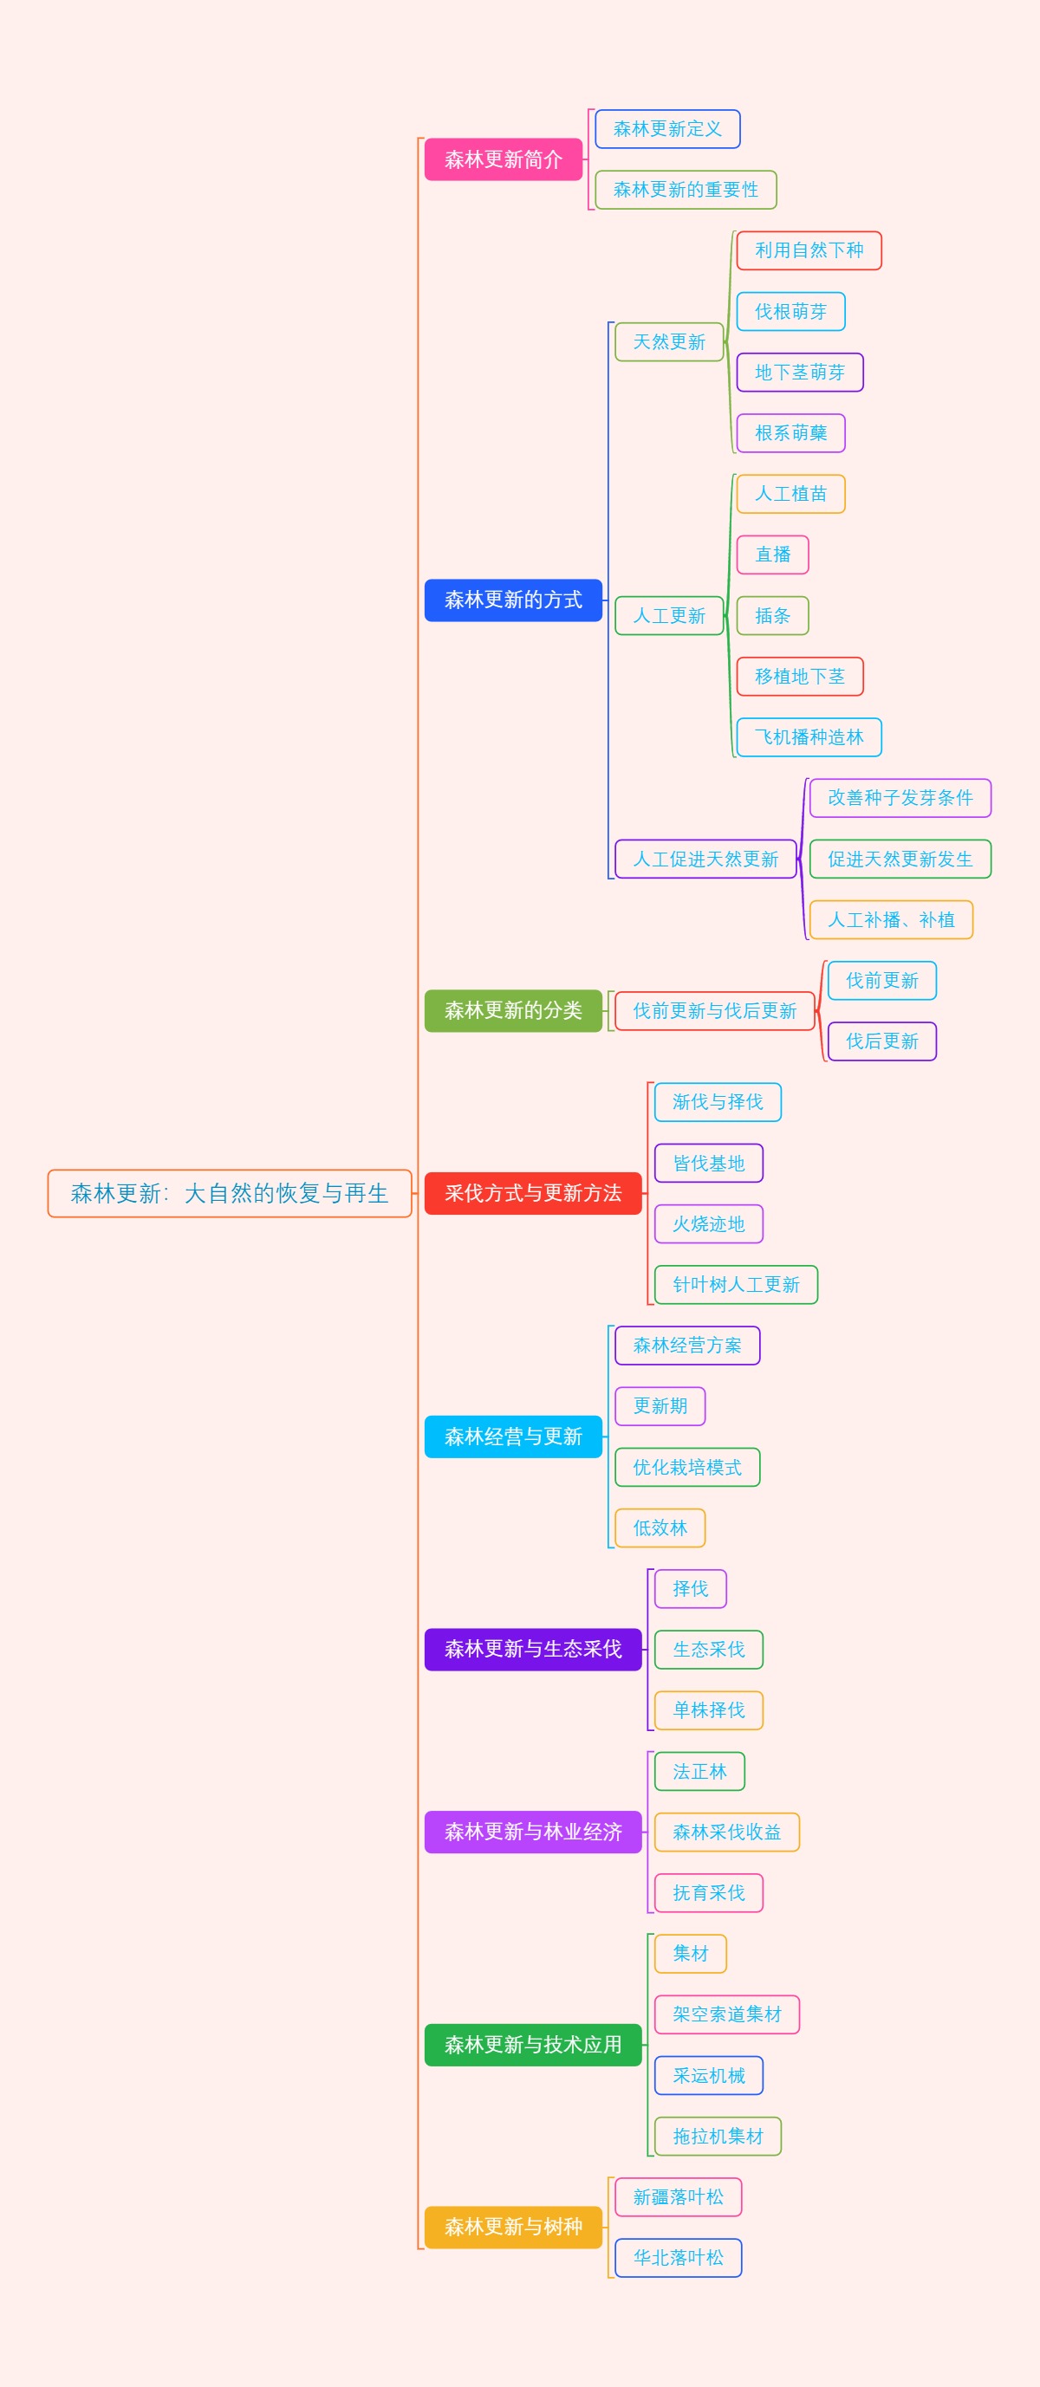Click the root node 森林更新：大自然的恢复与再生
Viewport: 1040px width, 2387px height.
click(x=229, y=1192)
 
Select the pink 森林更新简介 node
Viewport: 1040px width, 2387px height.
click(x=504, y=159)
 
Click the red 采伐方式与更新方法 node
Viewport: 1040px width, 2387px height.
click(x=533, y=1192)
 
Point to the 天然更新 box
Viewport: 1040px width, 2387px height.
click(x=669, y=342)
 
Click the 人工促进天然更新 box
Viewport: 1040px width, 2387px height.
click(x=705, y=859)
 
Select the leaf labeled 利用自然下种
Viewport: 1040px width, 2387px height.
click(x=809, y=250)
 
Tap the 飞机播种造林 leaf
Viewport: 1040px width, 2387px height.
click(x=809, y=736)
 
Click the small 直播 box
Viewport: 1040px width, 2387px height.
click(x=772, y=555)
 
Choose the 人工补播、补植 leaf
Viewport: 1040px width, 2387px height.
click(x=891, y=919)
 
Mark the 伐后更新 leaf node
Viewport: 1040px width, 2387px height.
click(x=881, y=1041)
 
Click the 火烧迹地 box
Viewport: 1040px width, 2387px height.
click(x=708, y=1223)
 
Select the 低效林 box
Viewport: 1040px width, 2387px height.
click(x=660, y=1528)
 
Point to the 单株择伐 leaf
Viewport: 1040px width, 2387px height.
click(x=708, y=1709)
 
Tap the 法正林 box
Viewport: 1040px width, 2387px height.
click(x=699, y=1771)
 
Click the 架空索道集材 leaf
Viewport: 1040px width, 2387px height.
click(x=727, y=2014)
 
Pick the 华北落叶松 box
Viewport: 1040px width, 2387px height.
click(x=678, y=2257)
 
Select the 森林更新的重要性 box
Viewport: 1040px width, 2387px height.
click(x=685, y=189)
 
